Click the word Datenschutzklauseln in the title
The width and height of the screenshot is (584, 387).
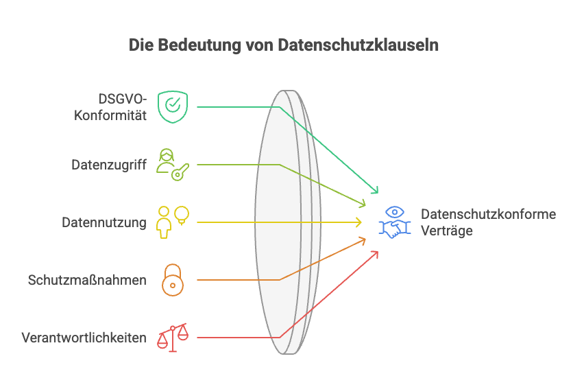coord(358,46)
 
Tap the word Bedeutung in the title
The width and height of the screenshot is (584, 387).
coord(194,46)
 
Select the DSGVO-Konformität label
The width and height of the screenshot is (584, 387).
coord(121,107)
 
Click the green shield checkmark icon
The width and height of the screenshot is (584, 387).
coord(171,106)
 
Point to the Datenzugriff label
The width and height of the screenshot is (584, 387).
coord(109,165)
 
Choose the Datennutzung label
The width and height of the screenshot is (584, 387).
coord(104,222)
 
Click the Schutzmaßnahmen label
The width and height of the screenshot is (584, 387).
coord(87,280)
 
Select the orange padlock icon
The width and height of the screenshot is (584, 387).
coord(172,279)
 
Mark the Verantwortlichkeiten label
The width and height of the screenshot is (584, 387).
coord(84,338)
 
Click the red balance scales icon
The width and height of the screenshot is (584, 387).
coord(172,337)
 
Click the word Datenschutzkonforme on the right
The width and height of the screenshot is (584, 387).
coord(488,214)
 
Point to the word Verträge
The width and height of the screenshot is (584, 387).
coord(447,231)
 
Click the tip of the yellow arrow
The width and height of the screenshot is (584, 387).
coord(361,222)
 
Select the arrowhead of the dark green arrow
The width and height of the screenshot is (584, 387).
coord(376,191)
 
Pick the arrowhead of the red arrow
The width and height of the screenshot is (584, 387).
coord(377,253)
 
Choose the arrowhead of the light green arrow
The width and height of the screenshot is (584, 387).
coord(365,204)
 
